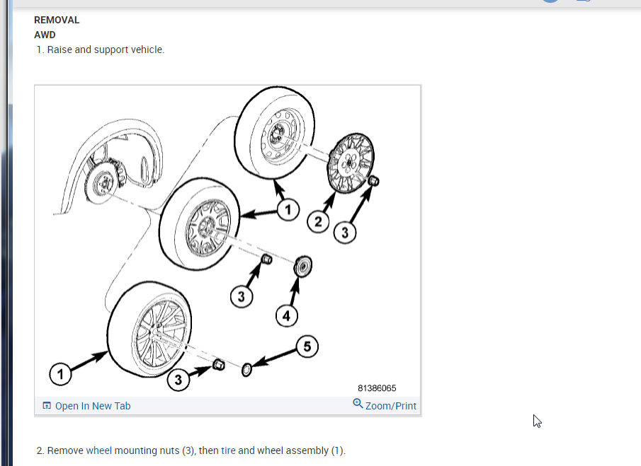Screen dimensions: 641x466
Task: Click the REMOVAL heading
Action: tap(57, 20)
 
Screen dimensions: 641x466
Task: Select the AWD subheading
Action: tap(45, 35)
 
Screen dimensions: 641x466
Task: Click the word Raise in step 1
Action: tap(62, 49)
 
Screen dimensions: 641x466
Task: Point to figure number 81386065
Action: tap(377, 388)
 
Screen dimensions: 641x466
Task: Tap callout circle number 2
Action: tap(318, 222)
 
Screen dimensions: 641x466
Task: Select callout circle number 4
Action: tap(286, 316)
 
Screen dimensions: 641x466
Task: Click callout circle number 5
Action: tap(307, 346)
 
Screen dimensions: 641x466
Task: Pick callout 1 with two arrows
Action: tap(288, 210)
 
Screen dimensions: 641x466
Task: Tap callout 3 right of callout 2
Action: tap(344, 233)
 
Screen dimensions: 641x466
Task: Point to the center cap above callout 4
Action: tap(303, 267)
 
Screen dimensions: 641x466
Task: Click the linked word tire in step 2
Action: tap(228, 450)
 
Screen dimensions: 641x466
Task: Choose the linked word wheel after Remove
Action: tap(98, 450)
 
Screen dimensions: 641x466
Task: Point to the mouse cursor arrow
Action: tap(537, 421)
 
